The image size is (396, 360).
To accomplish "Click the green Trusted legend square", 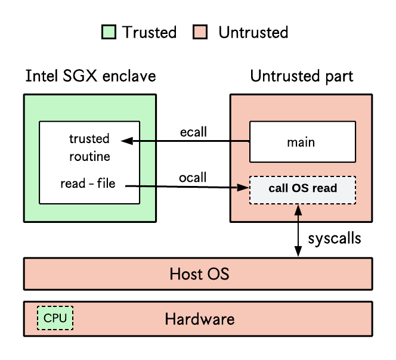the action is click(109, 32).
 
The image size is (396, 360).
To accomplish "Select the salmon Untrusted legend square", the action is click(200, 32).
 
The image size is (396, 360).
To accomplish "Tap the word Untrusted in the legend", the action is click(253, 32).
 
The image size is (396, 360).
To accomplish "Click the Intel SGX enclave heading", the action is click(91, 76).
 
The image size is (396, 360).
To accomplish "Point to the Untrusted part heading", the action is click(302, 76).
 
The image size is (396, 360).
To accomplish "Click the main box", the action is click(302, 142).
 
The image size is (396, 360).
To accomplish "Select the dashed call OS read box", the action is click(302, 190).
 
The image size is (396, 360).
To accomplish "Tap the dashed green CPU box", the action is click(55, 318).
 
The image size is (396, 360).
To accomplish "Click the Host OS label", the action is click(200, 274).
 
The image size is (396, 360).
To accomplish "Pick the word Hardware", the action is click(200, 319).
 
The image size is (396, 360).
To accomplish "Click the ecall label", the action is click(193, 132).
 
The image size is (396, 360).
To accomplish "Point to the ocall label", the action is click(193, 177).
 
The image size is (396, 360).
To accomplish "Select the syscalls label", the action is click(335, 238).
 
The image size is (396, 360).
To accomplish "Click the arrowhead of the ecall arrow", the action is click(127, 141).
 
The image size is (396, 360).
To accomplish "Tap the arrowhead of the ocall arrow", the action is click(243, 187).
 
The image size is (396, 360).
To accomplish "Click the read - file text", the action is click(88, 184).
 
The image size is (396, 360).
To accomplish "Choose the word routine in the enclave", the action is click(89, 157).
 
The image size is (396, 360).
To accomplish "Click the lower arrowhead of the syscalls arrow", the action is click(298, 252).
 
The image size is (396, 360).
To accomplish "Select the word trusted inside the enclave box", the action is click(89, 139).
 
